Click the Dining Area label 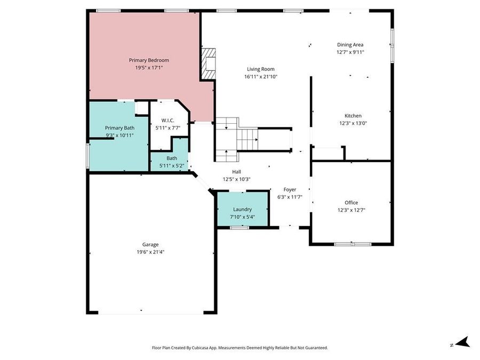pos(350,45)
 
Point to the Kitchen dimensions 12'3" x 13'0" pos(353,123)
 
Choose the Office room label pos(351,203)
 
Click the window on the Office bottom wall pos(353,244)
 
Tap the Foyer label pos(290,189)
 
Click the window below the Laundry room pos(239,228)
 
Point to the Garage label pos(150,245)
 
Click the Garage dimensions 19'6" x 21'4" pos(150,252)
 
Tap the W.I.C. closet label pos(168,121)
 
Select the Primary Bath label pos(119,128)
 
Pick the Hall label pos(236,172)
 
